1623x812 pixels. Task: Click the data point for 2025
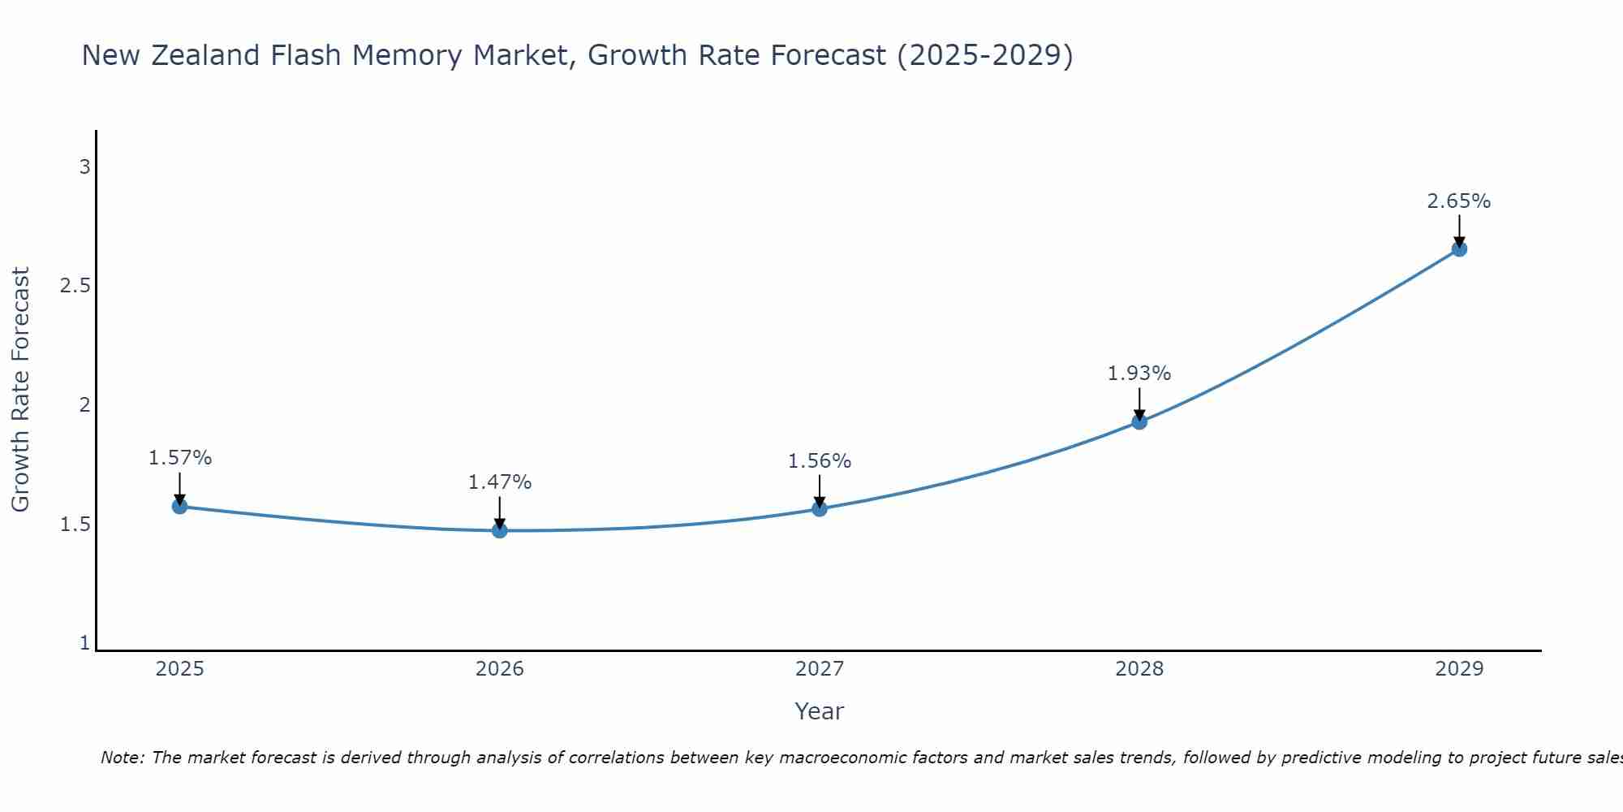click(179, 507)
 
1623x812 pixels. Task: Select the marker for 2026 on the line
click(500, 530)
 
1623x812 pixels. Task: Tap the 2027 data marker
click(820, 509)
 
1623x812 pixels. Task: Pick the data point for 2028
click(1139, 421)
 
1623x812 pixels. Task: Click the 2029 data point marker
click(1459, 249)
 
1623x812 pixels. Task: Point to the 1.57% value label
click(179, 458)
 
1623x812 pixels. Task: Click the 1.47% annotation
click(500, 482)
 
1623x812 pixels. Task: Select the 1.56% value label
click(820, 461)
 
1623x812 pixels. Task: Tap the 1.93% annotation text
click(1139, 374)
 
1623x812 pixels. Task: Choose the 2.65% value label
click(1459, 201)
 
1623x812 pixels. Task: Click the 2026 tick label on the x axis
click(500, 669)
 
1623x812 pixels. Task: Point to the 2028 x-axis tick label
click(1139, 669)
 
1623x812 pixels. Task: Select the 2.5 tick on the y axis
click(75, 286)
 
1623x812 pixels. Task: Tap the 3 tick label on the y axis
click(84, 167)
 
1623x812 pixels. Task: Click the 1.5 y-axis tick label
click(75, 525)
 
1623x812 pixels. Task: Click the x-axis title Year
click(820, 711)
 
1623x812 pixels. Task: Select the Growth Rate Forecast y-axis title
click(20, 390)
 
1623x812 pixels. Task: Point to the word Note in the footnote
click(122, 758)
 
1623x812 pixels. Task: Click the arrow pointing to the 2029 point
click(1459, 231)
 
